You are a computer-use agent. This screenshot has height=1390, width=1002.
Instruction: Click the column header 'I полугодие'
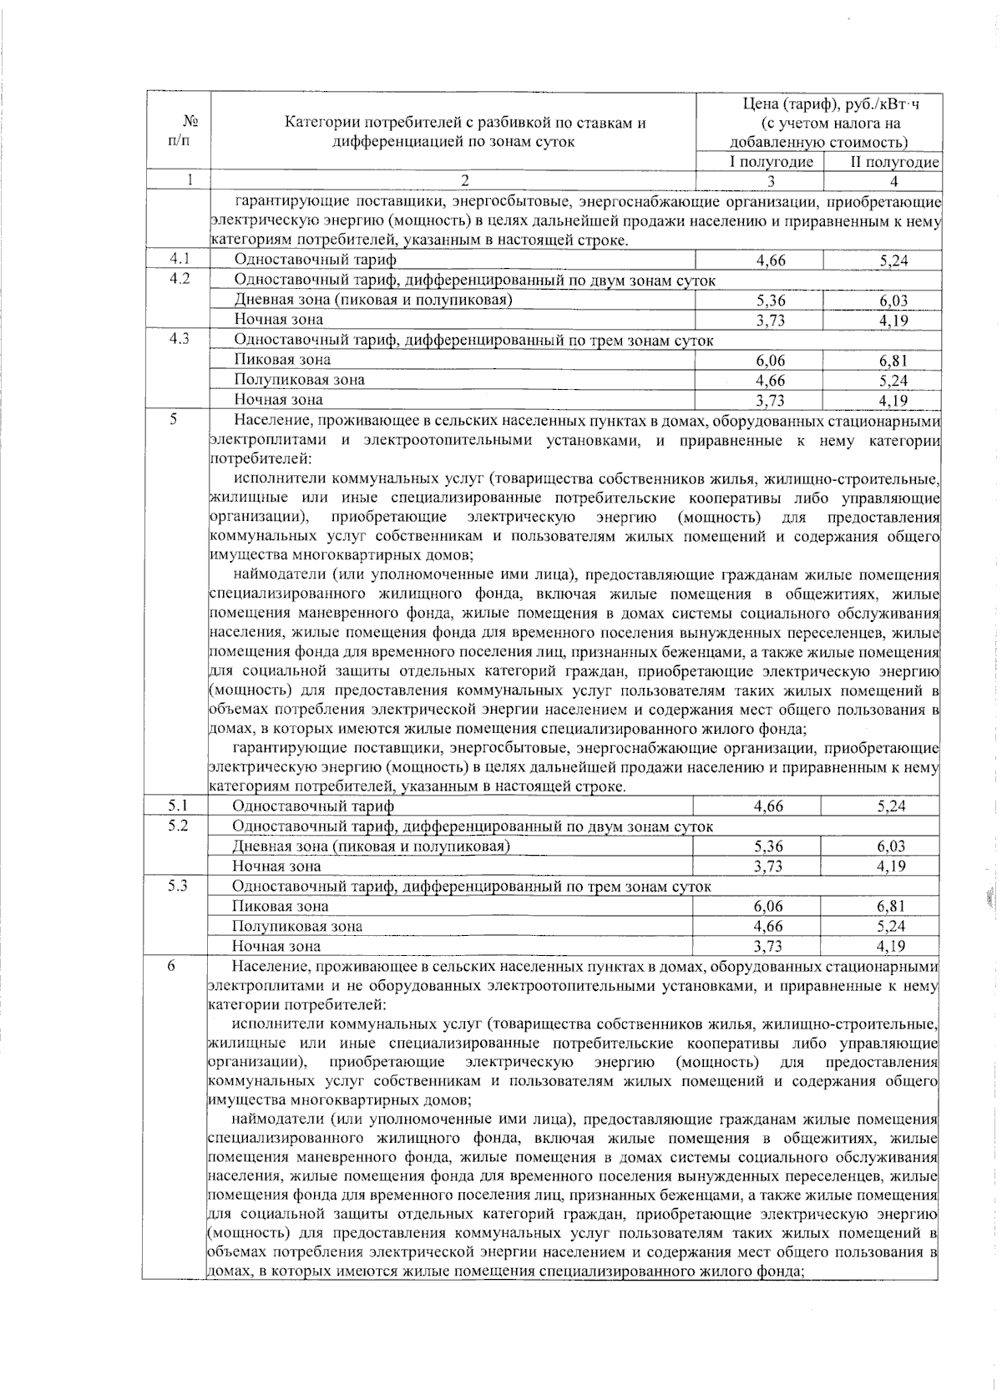point(771,162)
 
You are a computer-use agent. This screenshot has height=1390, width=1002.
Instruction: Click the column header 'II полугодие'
point(894,162)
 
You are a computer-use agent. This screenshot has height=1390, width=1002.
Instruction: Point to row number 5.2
point(177,826)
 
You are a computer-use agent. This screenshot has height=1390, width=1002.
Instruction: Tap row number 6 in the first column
point(171,966)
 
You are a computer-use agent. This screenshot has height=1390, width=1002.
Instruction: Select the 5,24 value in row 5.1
point(891,806)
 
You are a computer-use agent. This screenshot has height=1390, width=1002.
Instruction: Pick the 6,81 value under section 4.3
point(893,361)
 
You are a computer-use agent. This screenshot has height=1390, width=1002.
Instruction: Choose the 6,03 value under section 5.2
point(891,847)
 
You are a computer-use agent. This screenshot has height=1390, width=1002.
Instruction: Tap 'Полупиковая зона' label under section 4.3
point(299,380)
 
